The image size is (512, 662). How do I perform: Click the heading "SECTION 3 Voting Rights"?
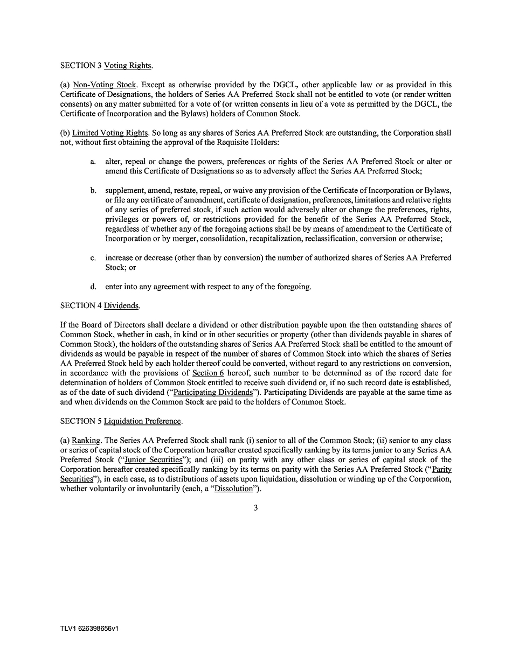coord(106,66)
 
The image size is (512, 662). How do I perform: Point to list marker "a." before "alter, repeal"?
coord(93,162)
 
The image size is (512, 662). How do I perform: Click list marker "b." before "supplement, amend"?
coord(93,191)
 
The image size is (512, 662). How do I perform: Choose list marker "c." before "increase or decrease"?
coord(93,258)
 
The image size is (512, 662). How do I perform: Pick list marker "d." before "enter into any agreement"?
coord(93,287)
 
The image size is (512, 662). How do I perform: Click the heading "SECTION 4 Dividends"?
coord(100,306)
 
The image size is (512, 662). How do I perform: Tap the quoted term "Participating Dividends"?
coord(213,393)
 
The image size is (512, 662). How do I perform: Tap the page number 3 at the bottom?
coord(256,508)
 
